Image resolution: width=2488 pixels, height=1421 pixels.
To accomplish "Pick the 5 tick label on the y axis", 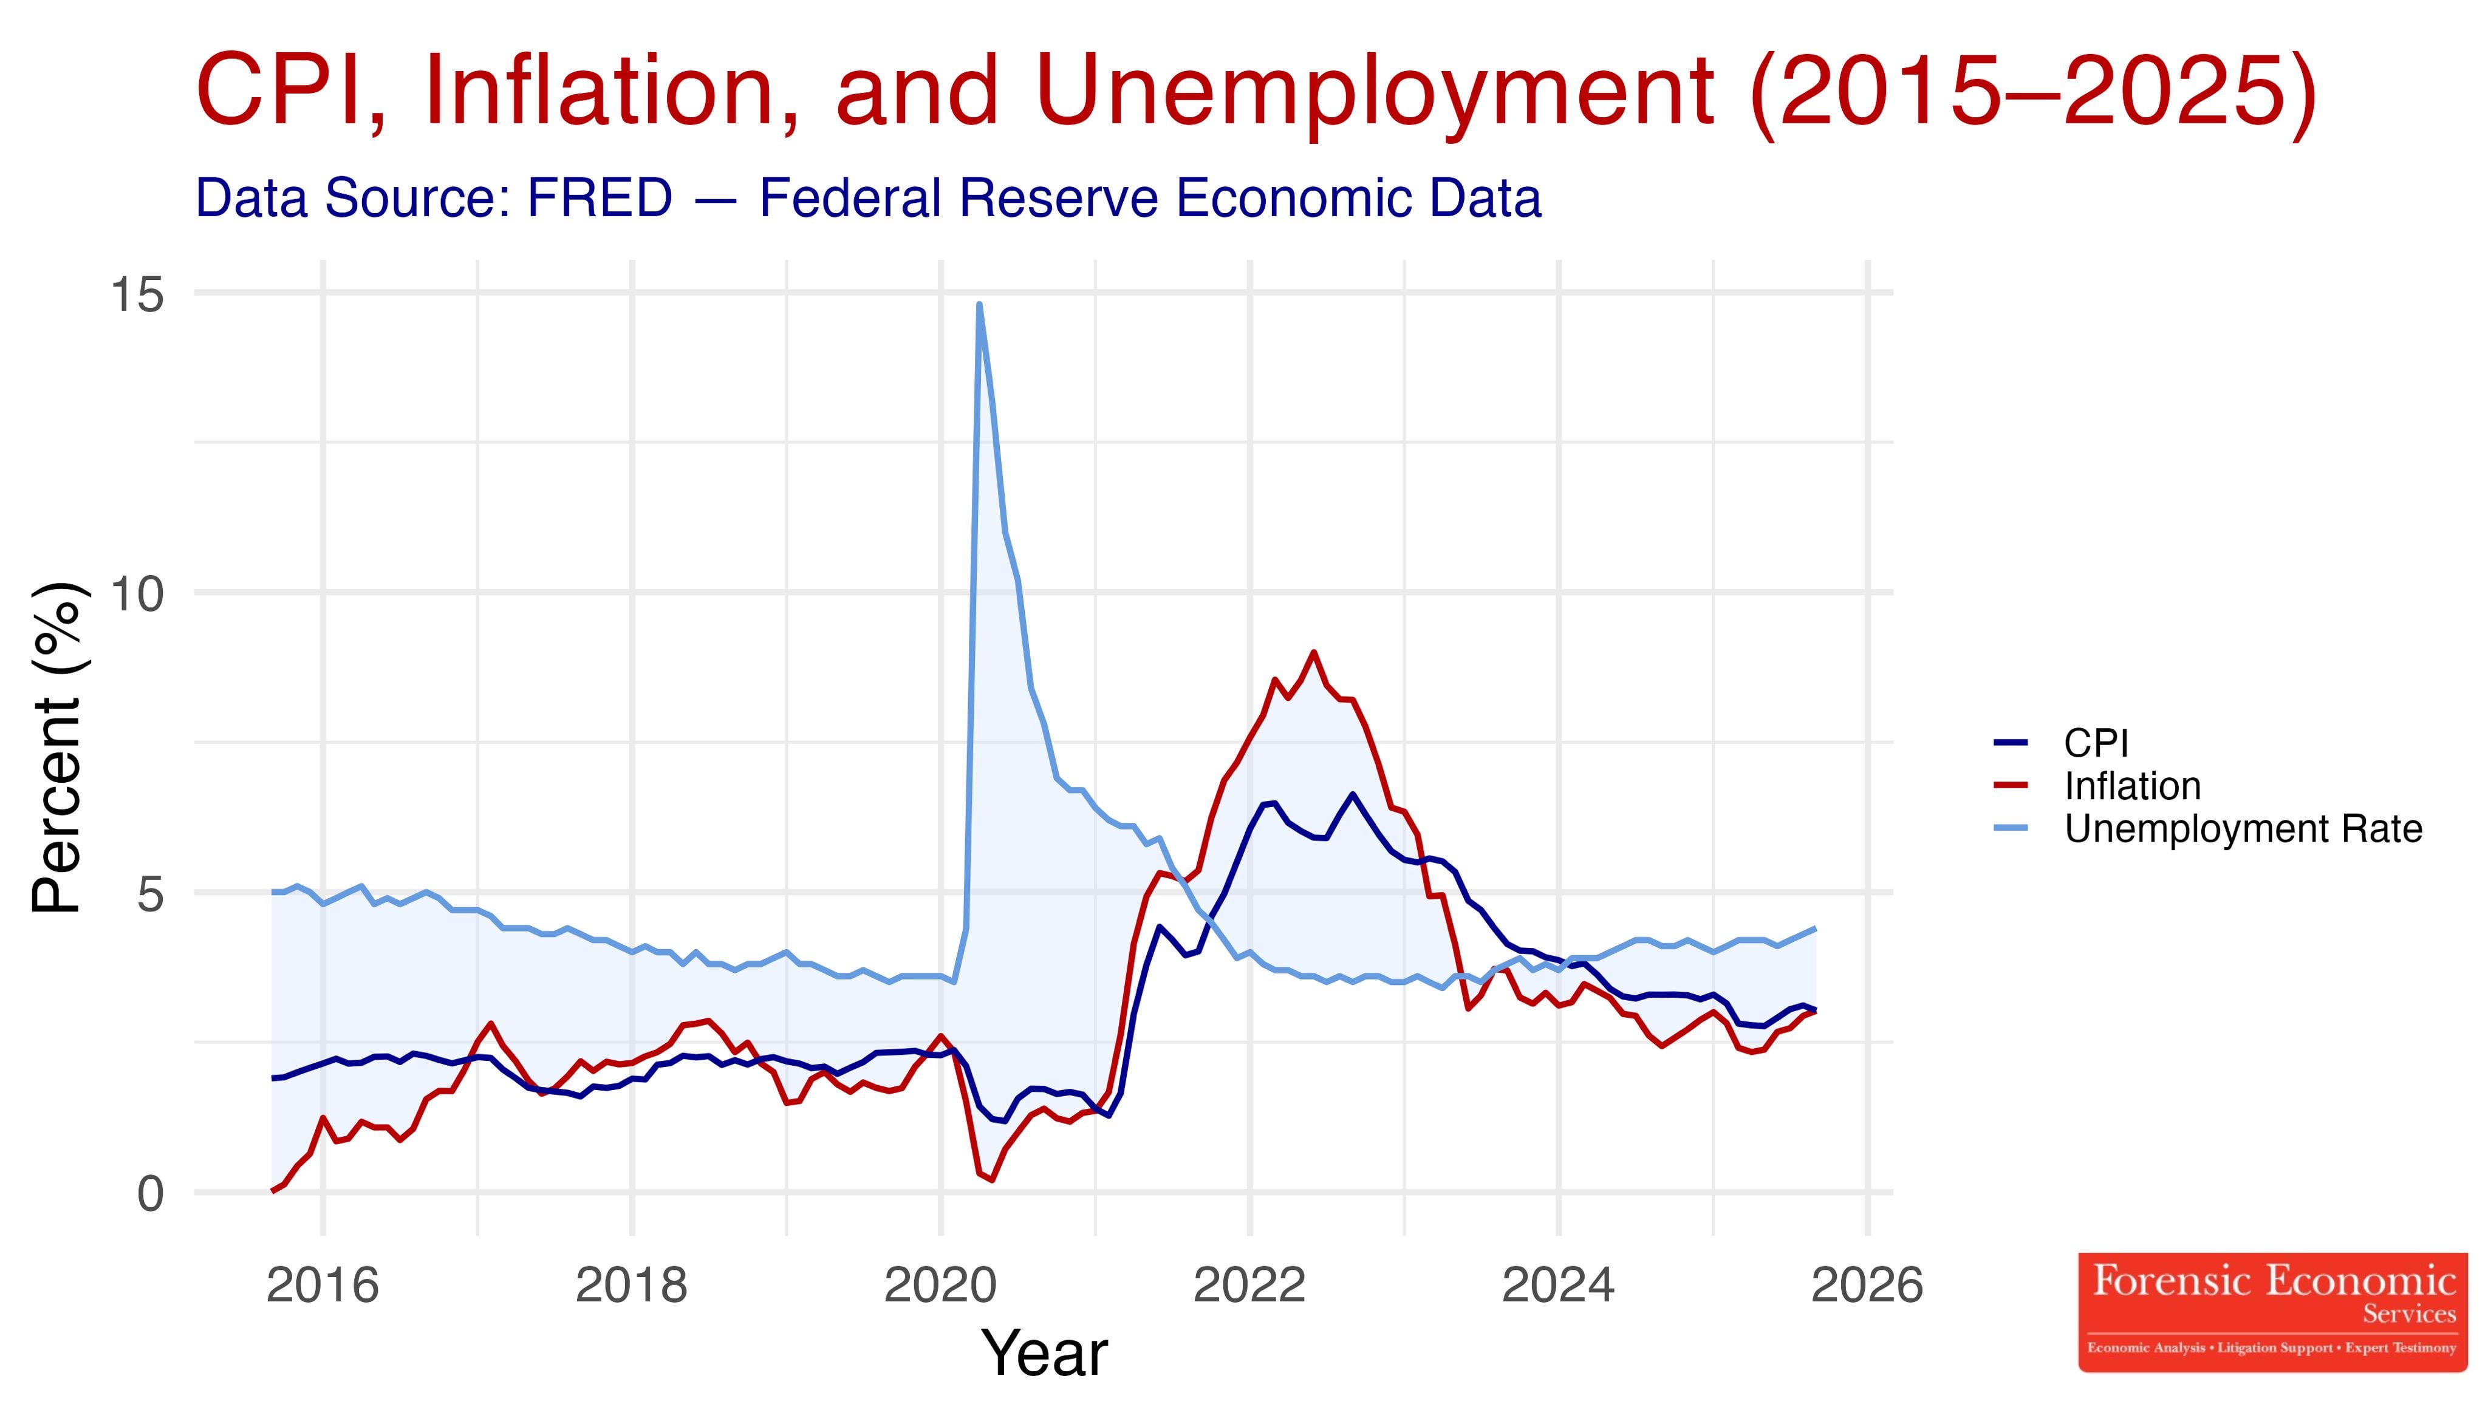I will [x=149, y=892].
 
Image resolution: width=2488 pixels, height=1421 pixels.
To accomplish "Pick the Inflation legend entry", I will [x=2131, y=786].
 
